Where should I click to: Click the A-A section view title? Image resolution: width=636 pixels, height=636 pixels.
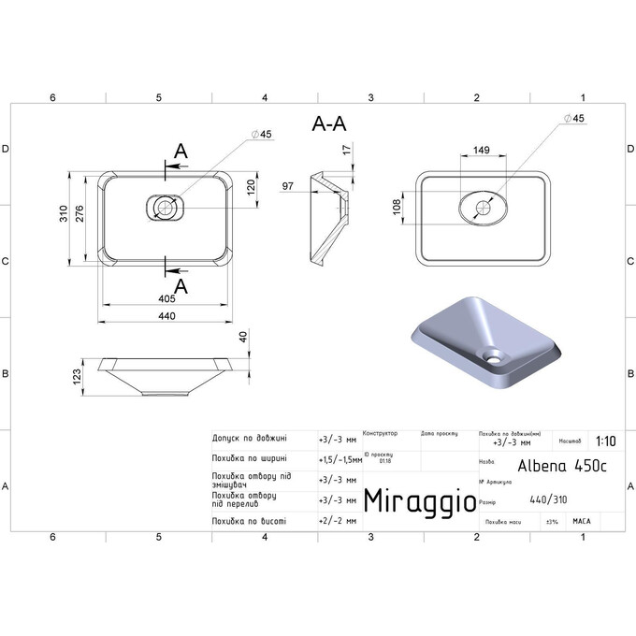tap(330, 124)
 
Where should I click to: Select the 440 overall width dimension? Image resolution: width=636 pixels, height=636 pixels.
tap(166, 317)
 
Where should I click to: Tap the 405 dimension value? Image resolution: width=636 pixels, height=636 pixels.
tap(166, 299)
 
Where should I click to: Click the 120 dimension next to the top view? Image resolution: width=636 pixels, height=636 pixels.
tap(250, 188)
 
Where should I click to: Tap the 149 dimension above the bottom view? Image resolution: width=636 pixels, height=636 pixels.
tap(482, 149)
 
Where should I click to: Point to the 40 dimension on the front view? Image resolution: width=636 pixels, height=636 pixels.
tap(245, 338)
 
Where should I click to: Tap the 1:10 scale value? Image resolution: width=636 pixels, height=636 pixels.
tap(604, 440)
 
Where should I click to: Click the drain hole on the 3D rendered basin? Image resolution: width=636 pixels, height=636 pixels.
tap(492, 354)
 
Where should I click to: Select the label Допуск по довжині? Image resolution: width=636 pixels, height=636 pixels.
tap(250, 438)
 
